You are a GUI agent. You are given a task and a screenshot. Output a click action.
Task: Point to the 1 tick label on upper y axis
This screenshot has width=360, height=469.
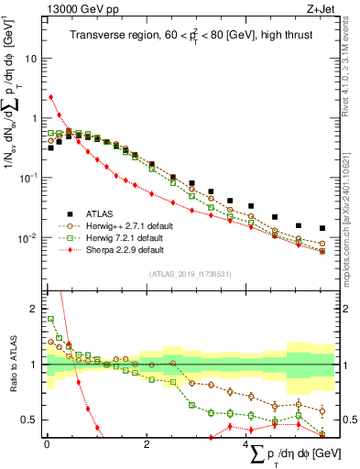coord(34,118)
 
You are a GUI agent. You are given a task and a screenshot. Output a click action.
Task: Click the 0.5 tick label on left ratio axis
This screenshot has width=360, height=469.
coord(28,420)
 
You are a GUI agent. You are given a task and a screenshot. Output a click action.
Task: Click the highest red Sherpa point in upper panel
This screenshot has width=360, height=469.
coord(50,97)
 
